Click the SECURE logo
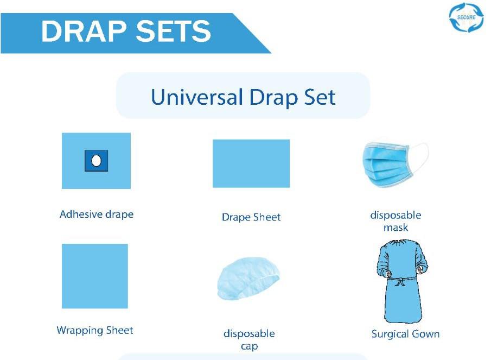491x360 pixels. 466,17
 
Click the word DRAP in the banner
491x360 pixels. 84,31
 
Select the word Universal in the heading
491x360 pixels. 197,97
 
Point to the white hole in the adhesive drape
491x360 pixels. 96,161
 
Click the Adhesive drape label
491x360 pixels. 97,214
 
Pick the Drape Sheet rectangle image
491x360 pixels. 251,163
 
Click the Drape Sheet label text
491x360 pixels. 251,217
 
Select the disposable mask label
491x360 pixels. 396,221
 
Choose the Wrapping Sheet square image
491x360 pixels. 95,276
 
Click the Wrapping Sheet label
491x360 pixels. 95,330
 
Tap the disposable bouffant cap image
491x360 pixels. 248,279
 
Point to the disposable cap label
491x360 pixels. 249,339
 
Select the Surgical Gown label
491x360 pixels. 405,334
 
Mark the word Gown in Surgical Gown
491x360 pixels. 425,334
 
